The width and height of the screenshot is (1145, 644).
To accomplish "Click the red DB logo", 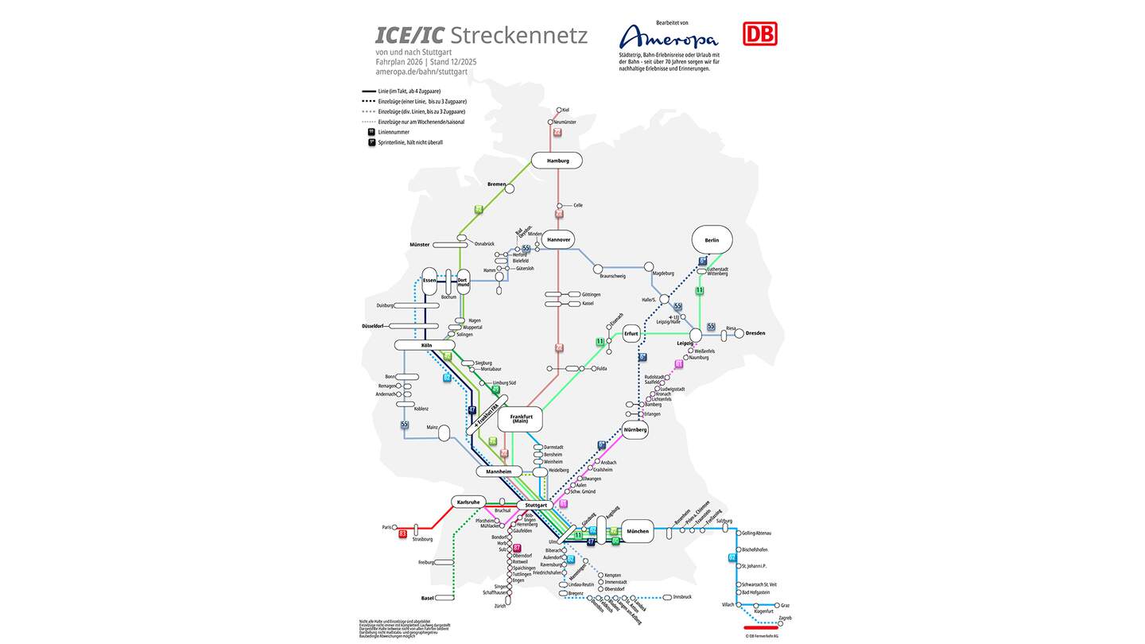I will pyautogui.click(x=759, y=33).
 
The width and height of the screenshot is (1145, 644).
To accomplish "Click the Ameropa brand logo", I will pyautogui.click(x=668, y=37).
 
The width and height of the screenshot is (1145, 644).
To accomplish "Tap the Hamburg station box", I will pyautogui.click(x=557, y=161).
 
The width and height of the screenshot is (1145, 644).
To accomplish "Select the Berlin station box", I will pyautogui.click(x=712, y=239).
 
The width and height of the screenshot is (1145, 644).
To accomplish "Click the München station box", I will pyautogui.click(x=637, y=531).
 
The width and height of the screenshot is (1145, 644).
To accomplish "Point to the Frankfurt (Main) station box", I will pyautogui.click(x=520, y=418).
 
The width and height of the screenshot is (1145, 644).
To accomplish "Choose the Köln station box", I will pyautogui.click(x=425, y=345).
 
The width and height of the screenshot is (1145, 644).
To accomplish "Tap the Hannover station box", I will pyautogui.click(x=558, y=239).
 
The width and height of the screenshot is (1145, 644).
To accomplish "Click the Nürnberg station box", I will pyautogui.click(x=635, y=429).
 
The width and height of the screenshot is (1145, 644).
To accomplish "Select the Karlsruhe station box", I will pyautogui.click(x=468, y=502).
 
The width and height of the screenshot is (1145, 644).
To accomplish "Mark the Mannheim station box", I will pyautogui.click(x=499, y=471).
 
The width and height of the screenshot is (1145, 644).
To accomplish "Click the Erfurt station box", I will pyautogui.click(x=632, y=333).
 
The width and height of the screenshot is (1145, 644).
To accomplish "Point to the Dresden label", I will pyautogui.click(x=755, y=333).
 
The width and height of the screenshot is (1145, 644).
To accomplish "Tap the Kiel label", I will pyautogui.click(x=565, y=110).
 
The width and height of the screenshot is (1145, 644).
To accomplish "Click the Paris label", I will pyautogui.click(x=387, y=527).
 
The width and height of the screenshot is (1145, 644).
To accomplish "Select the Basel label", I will pyautogui.click(x=428, y=598).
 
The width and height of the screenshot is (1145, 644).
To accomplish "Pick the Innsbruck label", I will pyautogui.click(x=682, y=596).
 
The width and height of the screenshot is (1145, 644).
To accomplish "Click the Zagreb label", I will pyautogui.click(x=785, y=618).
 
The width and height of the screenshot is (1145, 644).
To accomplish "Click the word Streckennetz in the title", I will pyautogui.click(x=518, y=36).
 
